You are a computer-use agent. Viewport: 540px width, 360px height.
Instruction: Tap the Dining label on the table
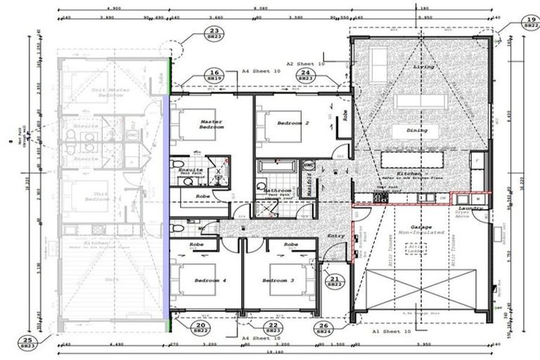[x=417, y=131]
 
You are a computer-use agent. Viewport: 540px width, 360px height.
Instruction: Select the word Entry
[x=336, y=236]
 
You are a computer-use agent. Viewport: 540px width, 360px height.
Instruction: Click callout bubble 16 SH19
[x=214, y=76]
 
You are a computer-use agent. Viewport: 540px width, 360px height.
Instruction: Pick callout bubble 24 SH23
[x=305, y=76]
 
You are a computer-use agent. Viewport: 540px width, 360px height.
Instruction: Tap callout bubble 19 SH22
[x=528, y=23]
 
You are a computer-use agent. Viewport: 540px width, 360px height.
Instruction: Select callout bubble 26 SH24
[x=323, y=328]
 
